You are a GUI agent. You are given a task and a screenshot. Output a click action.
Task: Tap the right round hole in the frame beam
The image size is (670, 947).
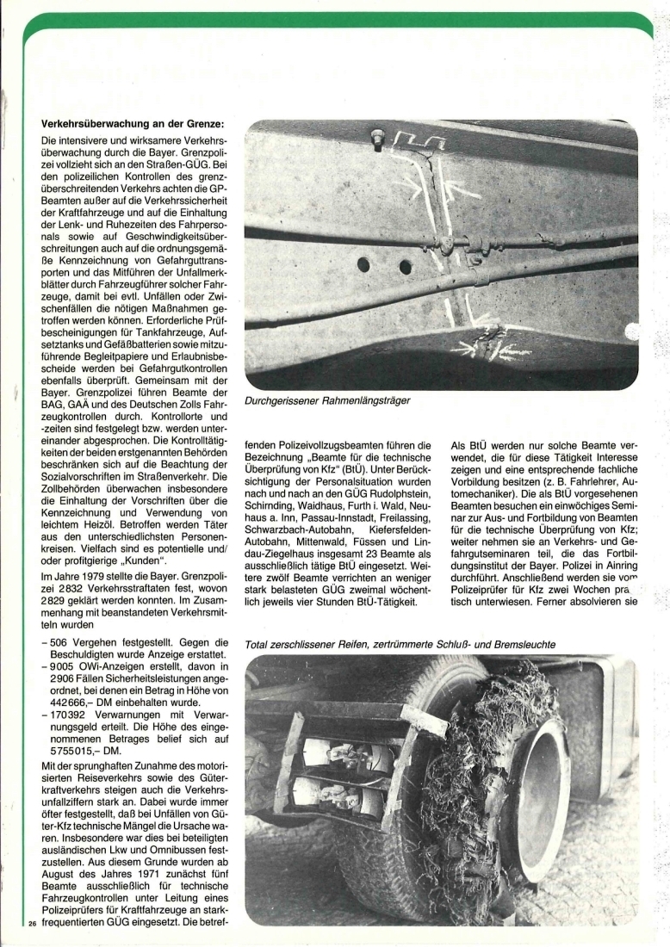(x=405, y=268)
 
